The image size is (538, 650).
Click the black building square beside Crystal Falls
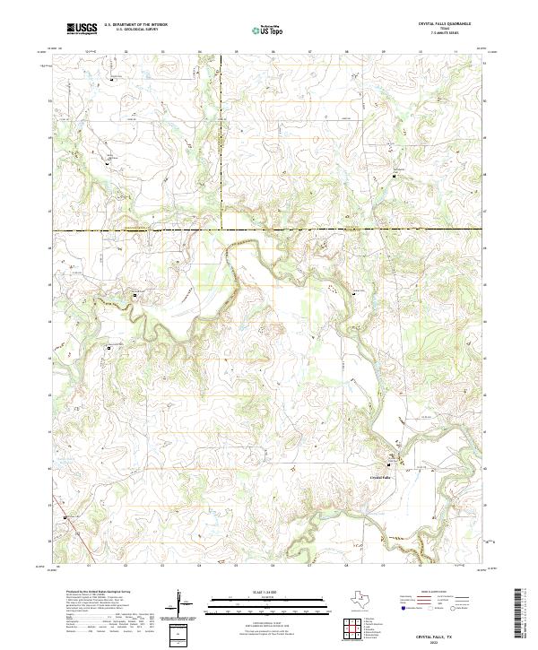tap(389, 464)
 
